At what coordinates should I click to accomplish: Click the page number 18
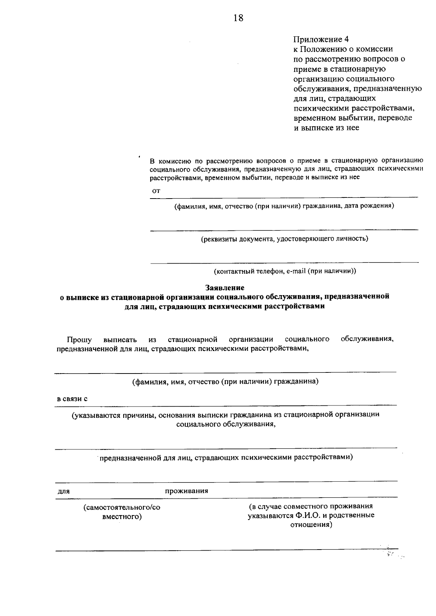tap(238, 18)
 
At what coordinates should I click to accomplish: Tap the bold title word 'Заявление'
tap(225, 287)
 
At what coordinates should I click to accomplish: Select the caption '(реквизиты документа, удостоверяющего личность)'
tap(284, 238)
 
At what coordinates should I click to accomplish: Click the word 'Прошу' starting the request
tap(79, 340)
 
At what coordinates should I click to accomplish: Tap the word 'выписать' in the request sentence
tap(120, 340)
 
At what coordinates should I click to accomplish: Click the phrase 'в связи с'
tap(72, 399)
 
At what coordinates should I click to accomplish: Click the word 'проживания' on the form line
tap(186, 491)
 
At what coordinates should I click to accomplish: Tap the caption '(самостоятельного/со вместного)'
tap(122, 511)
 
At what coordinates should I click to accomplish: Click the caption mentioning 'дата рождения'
tap(284, 206)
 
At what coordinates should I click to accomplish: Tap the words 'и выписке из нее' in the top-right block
tap(326, 128)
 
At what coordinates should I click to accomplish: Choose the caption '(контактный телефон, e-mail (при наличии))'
tap(284, 271)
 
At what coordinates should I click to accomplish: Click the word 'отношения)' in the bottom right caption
tap(311, 525)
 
